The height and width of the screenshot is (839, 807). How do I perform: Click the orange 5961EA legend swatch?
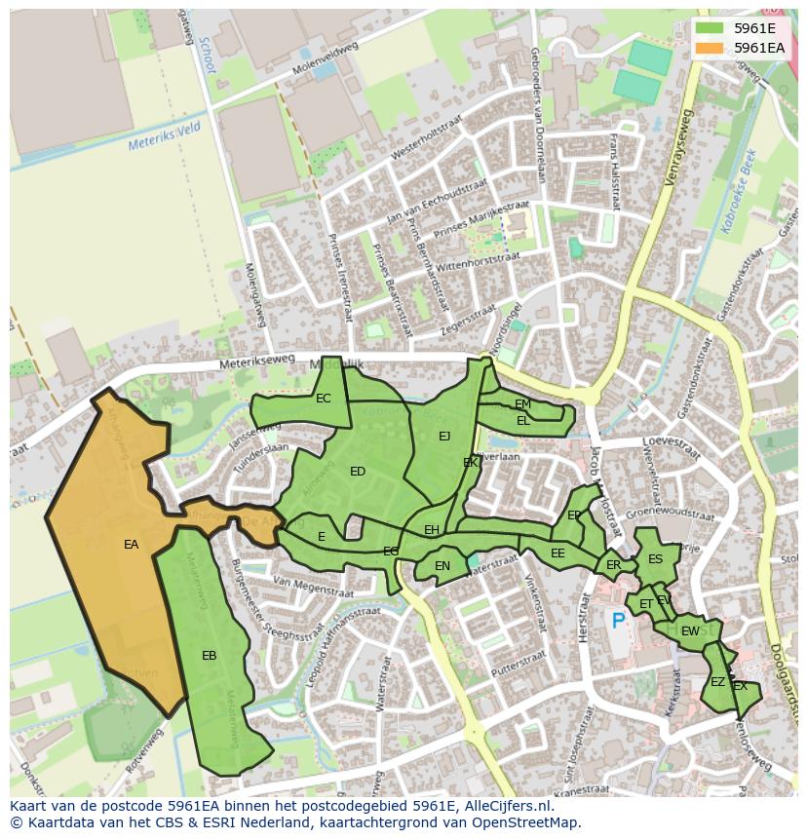click(x=710, y=48)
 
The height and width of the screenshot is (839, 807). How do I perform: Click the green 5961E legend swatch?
click(x=710, y=28)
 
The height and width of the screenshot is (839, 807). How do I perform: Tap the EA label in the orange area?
click(x=132, y=545)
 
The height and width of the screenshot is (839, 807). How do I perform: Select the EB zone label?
click(x=209, y=656)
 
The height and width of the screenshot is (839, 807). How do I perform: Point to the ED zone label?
click(x=358, y=472)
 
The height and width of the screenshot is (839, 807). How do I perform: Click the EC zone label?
click(x=324, y=398)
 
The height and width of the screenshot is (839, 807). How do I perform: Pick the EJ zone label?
click(x=444, y=436)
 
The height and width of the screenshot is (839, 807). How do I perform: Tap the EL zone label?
click(x=523, y=421)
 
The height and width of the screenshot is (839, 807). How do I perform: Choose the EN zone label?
click(x=442, y=566)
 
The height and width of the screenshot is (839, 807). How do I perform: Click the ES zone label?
click(x=655, y=559)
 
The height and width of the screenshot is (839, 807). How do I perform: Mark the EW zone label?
click(x=690, y=631)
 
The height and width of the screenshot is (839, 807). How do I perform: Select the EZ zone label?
click(x=717, y=682)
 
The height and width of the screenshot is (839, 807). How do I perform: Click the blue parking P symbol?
click(x=618, y=620)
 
